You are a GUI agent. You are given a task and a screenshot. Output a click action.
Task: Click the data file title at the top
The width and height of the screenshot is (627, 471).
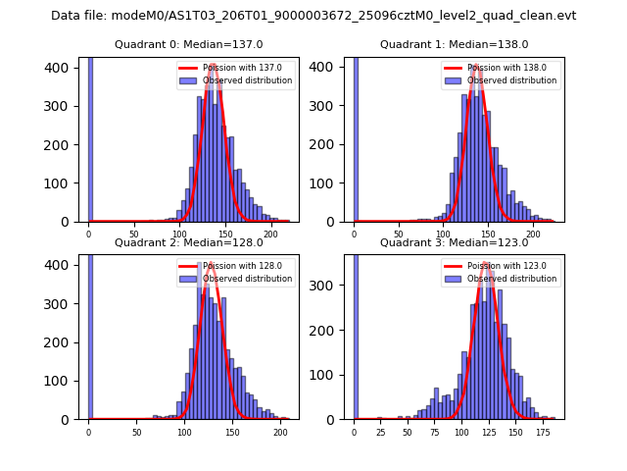[313, 16]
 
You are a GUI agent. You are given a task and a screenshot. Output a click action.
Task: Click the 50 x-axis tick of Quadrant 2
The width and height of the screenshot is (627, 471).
[136, 432]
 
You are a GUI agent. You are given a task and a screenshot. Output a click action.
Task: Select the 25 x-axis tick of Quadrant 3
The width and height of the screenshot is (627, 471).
[380, 432]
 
